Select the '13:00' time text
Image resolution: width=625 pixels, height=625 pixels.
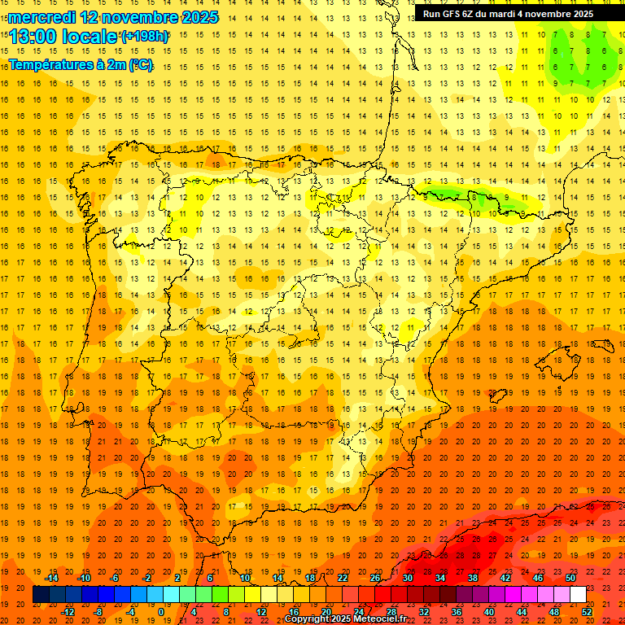click(34, 37)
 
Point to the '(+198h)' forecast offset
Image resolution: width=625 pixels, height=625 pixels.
click(145, 37)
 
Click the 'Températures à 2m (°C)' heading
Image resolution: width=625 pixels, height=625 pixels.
click(81, 64)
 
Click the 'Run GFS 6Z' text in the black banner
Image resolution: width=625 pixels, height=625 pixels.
click(452, 14)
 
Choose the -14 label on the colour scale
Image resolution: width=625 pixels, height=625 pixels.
click(51, 578)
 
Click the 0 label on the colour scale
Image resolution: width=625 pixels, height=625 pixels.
click(161, 612)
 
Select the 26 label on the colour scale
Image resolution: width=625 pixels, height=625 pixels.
click(375, 578)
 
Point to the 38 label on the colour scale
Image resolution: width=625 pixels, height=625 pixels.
click(473, 578)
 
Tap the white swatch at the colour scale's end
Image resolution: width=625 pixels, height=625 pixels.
click(578, 595)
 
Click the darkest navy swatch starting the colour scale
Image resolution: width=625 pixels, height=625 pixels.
click(41, 595)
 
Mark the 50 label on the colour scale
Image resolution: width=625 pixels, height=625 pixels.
click(570, 578)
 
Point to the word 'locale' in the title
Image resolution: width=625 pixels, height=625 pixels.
click(91, 37)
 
